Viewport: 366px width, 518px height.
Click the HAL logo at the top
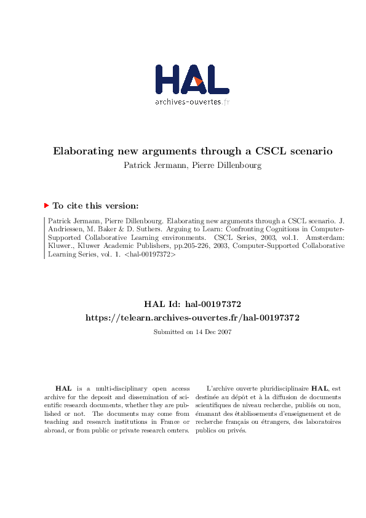pyautogui.click(x=192, y=80)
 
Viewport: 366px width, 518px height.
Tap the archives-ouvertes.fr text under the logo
pyautogui.click(x=192, y=102)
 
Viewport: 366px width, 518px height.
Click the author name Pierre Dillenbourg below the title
pyautogui.click(x=226, y=165)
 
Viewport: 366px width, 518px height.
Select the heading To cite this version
pyautogui.click(x=95, y=207)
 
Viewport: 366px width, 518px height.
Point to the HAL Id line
pyautogui.click(x=192, y=304)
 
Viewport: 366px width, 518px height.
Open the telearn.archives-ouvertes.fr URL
pyautogui.click(x=192, y=317)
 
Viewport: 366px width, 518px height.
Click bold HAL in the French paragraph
pyautogui.click(x=319, y=388)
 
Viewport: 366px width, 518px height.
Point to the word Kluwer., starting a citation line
pyautogui.click(x=60, y=245)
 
